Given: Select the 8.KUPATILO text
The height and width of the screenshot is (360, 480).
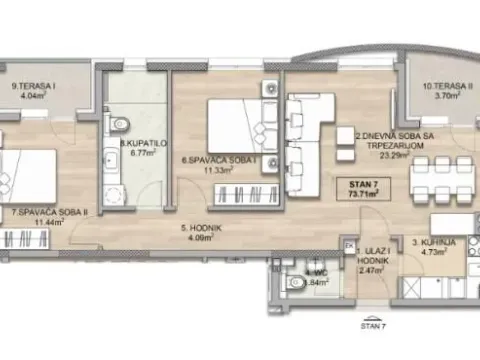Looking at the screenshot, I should point(135,145).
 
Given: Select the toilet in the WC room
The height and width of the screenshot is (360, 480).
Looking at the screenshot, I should point(293,285).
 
